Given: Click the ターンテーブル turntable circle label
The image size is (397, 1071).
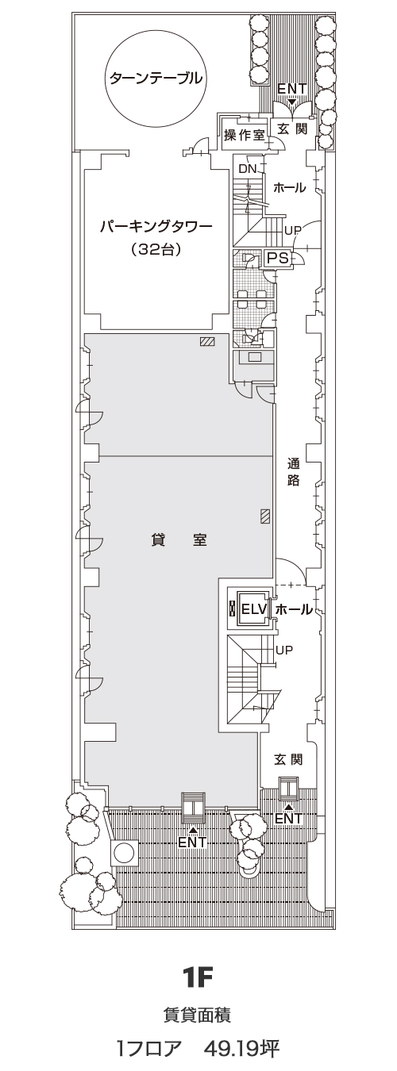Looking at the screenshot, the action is (x=153, y=78).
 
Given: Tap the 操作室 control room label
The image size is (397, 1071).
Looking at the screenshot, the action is (x=245, y=136).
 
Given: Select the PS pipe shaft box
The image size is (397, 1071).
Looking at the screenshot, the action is (x=277, y=258).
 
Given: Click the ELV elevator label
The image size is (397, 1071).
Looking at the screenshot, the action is (x=253, y=609).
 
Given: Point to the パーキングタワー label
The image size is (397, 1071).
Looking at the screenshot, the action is (x=155, y=227).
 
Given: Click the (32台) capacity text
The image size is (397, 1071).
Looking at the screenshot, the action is (x=155, y=250).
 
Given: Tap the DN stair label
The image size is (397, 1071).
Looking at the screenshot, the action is (x=248, y=168).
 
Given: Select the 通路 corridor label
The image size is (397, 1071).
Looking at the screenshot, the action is (x=293, y=472).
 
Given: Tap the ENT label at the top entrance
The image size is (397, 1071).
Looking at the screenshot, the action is (x=291, y=90).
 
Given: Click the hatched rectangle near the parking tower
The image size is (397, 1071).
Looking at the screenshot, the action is (x=208, y=341).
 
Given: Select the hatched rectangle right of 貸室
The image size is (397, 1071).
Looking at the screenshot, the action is (x=264, y=516).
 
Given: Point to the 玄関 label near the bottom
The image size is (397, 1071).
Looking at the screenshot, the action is (x=288, y=758).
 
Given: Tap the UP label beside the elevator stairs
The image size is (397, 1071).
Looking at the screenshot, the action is (x=284, y=650).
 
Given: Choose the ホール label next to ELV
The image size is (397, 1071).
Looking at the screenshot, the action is (x=294, y=609).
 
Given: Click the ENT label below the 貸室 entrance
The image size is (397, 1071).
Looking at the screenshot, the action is (x=192, y=842).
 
